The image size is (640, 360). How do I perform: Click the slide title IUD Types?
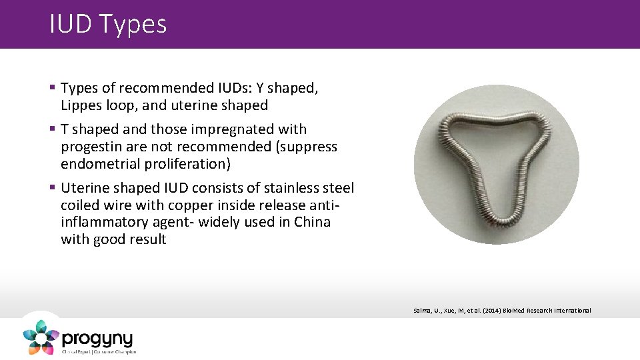pos(108,25)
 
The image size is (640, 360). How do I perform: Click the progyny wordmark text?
pos(97,338)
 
